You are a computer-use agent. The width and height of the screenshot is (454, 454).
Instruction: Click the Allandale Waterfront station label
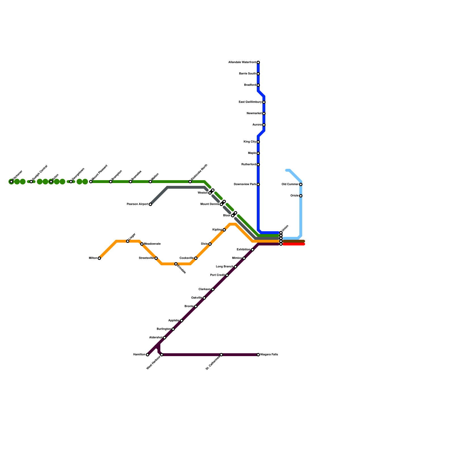242,62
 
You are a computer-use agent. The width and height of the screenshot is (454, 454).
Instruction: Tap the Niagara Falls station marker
258,355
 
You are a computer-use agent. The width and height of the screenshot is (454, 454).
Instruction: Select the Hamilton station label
139,355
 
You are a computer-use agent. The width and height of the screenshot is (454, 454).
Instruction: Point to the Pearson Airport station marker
150,204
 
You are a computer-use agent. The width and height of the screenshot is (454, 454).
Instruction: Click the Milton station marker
99,258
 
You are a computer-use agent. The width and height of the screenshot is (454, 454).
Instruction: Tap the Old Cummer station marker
301,184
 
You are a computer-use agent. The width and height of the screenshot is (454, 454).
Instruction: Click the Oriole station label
295,196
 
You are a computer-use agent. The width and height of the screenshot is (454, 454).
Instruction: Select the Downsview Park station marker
258,184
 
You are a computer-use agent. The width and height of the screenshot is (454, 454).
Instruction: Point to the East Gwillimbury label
250,102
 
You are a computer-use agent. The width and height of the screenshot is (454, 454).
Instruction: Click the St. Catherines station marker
221,355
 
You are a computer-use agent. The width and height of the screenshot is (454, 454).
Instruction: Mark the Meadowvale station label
152,244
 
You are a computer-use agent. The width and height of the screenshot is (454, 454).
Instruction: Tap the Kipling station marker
224,230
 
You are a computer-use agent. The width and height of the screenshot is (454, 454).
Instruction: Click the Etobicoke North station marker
190,182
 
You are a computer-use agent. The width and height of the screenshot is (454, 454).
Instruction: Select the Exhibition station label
243,250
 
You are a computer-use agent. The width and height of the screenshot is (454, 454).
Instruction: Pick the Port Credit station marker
227,275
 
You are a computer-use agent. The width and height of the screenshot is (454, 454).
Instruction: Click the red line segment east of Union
294,244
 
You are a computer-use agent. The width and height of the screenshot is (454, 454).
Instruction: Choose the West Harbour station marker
162,355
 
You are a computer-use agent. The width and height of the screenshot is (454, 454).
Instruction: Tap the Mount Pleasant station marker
91,182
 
